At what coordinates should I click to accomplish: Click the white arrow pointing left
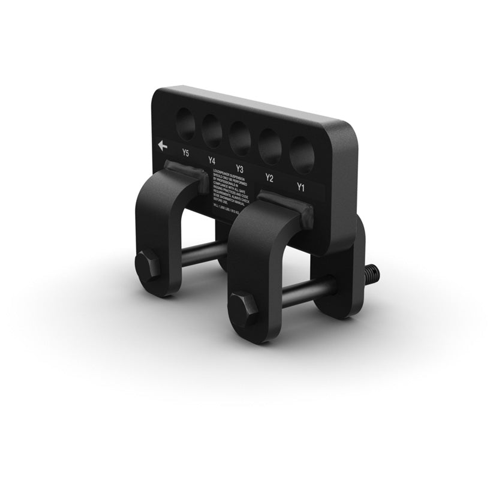162,145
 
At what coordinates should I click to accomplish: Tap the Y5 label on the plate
185,154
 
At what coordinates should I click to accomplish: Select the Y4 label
212,160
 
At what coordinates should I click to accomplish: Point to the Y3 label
239,169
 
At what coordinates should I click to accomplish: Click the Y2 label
269,178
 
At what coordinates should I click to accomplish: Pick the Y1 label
300,187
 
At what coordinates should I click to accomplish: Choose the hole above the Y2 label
270,146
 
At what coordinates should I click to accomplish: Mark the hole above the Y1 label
302,155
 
